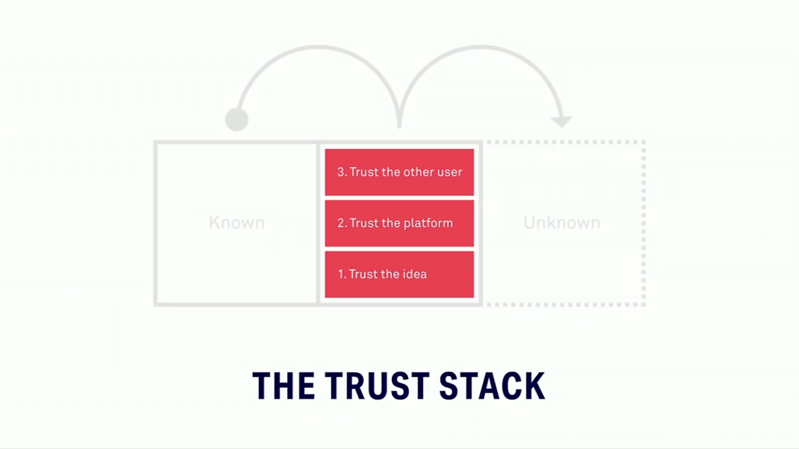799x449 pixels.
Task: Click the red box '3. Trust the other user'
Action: pos(399,172)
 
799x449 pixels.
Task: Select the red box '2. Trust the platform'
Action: pos(399,223)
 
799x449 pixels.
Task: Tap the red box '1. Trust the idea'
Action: pos(399,274)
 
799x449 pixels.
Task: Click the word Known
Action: pos(237,223)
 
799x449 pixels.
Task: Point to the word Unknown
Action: pos(562,223)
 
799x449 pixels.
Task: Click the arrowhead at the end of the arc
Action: pos(562,121)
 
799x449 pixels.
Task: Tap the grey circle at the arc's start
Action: pos(237,119)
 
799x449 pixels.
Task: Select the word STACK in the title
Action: pos(492,386)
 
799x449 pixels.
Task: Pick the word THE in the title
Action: pos(283,386)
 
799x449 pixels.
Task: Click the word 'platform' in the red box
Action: pos(429,224)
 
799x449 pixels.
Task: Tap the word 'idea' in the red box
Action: pos(414,274)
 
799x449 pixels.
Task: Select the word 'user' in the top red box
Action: pos(449,172)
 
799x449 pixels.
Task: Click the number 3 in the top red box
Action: pos(341,172)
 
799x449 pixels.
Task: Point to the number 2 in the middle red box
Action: pos(341,224)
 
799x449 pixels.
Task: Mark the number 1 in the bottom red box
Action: pos(341,274)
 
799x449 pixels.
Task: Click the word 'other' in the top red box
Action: pos(416,172)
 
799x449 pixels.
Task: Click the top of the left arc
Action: pos(318,46)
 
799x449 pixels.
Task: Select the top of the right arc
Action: pos(481,46)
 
